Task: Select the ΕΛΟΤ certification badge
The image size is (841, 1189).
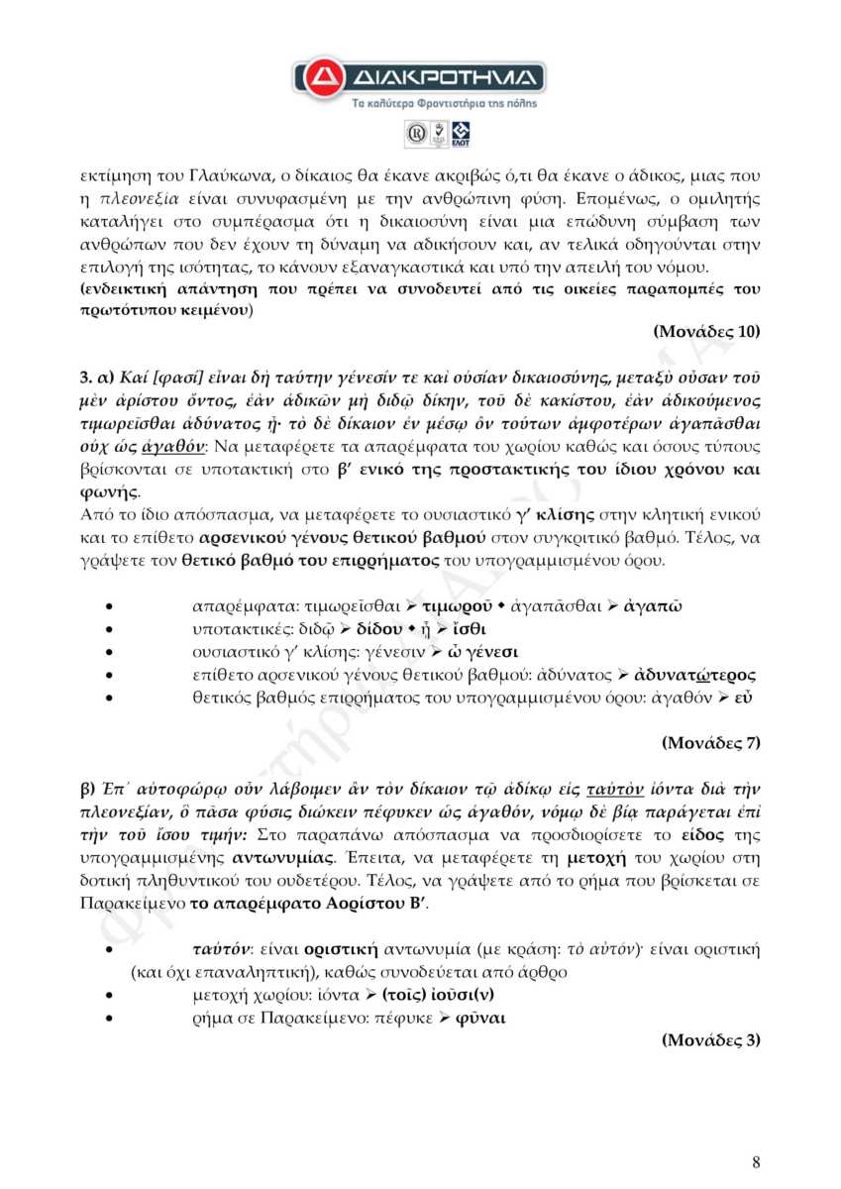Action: click(x=461, y=134)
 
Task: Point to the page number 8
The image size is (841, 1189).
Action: click(x=756, y=1162)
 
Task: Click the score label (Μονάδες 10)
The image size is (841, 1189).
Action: click(x=706, y=331)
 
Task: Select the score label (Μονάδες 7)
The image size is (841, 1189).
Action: click(x=710, y=741)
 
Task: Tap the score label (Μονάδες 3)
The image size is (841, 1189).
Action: click(x=710, y=1039)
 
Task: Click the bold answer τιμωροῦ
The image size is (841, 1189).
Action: click(x=456, y=604)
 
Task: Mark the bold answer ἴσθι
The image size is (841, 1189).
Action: click(x=470, y=629)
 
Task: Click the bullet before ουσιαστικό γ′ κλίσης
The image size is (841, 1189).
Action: click(x=122, y=653)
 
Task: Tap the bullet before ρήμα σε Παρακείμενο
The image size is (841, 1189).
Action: click(x=122, y=1018)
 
